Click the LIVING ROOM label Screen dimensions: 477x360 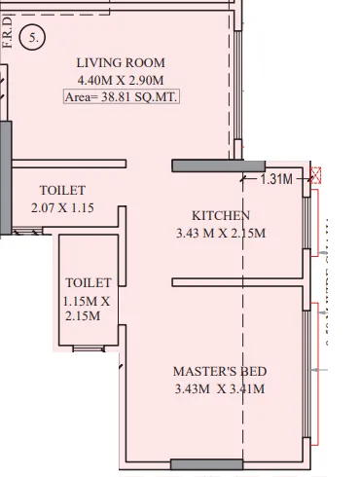(x=121, y=63)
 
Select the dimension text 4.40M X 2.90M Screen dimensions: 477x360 (x=121, y=81)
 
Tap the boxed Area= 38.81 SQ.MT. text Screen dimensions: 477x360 (x=121, y=98)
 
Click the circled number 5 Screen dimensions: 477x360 (x=36, y=40)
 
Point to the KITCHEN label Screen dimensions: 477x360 (x=221, y=215)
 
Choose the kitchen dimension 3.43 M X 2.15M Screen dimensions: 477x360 (x=221, y=233)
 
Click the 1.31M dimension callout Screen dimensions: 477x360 (x=276, y=179)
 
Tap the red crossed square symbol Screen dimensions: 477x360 (x=315, y=177)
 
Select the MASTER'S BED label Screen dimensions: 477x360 (x=220, y=372)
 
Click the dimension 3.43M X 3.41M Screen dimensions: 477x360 (x=220, y=389)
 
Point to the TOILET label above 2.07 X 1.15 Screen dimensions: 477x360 (x=62, y=190)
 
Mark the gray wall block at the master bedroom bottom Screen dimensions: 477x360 (x=206, y=463)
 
